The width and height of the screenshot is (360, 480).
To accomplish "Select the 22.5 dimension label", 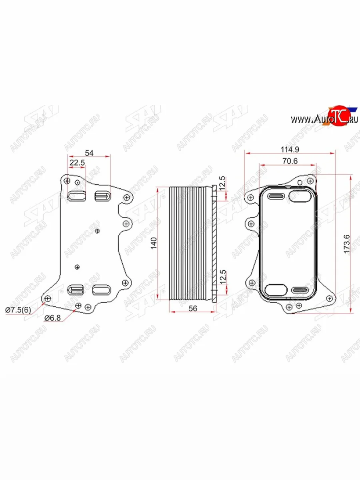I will tap(77, 163).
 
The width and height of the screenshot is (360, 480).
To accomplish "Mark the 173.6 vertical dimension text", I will tap(347, 243).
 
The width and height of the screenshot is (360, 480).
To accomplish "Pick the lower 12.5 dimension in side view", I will tap(223, 276).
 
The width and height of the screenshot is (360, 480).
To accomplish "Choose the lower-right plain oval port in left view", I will tap(102, 290).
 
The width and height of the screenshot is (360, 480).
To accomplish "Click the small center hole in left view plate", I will tap(98, 231).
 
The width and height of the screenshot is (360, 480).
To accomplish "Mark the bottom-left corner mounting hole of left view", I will tap(48, 298).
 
